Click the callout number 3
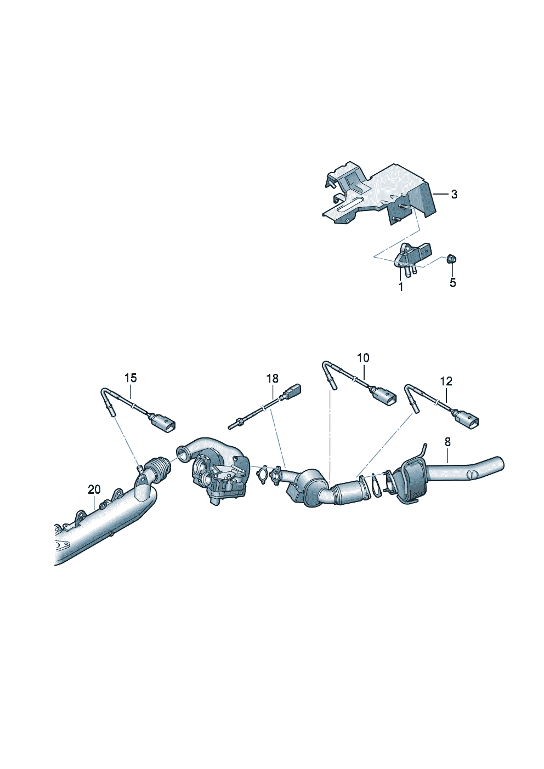click(454, 195)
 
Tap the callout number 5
click(452, 283)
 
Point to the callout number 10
click(363, 358)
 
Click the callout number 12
click(446, 381)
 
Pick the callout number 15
click(131, 378)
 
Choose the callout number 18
click(273, 379)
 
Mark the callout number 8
click(448, 442)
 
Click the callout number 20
click(94, 489)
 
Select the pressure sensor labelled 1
click(410, 259)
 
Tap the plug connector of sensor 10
click(384, 396)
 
